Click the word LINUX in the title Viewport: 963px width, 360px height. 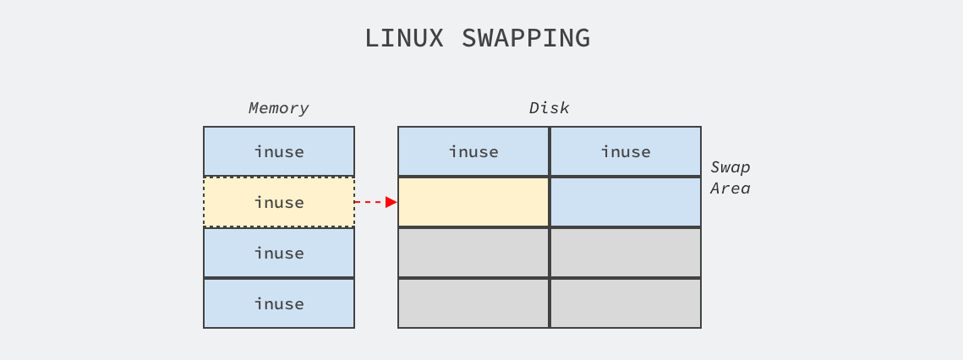[x=404, y=38]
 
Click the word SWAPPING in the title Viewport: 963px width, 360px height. [x=526, y=38]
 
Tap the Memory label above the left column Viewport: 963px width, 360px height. [x=278, y=108]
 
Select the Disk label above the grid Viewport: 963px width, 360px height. [x=549, y=108]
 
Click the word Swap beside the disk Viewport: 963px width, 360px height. [x=730, y=167]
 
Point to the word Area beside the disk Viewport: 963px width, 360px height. [x=730, y=188]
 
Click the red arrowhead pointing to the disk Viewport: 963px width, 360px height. [x=391, y=202]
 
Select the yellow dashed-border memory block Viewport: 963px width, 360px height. [x=279, y=202]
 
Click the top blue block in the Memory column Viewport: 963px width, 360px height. [x=279, y=152]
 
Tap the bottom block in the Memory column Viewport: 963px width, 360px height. [x=279, y=303]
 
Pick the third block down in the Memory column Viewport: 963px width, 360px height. [x=279, y=254]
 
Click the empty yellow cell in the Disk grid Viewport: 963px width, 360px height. [x=473, y=202]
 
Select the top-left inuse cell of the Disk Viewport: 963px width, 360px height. [x=473, y=152]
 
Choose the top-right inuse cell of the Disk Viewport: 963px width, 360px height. [x=626, y=152]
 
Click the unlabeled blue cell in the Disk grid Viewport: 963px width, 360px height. [x=626, y=202]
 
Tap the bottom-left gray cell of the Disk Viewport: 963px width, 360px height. [x=473, y=303]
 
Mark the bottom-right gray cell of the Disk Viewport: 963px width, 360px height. [x=626, y=303]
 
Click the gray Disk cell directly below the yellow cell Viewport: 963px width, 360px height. [x=473, y=254]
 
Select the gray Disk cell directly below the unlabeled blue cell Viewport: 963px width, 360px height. [x=626, y=254]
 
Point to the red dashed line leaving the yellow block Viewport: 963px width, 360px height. [x=370, y=202]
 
